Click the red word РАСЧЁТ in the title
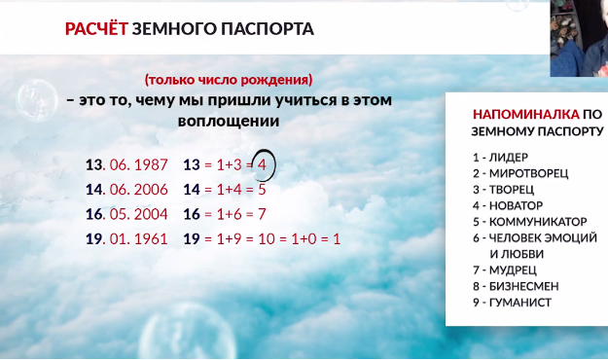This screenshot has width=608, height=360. click(x=94, y=29)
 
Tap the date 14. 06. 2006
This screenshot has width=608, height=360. click(x=126, y=189)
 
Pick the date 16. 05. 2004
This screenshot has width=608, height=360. click(x=126, y=213)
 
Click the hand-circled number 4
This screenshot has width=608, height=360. click(x=262, y=164)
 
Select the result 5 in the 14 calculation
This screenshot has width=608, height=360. click(x=262, y=189)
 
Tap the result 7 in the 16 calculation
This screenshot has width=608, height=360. click(x=262, y=213)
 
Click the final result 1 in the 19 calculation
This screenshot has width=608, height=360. click(x=337, y=238)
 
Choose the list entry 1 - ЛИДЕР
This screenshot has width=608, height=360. click(x=496, y=156)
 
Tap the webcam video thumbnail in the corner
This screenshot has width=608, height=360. click(x=579, y=36)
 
